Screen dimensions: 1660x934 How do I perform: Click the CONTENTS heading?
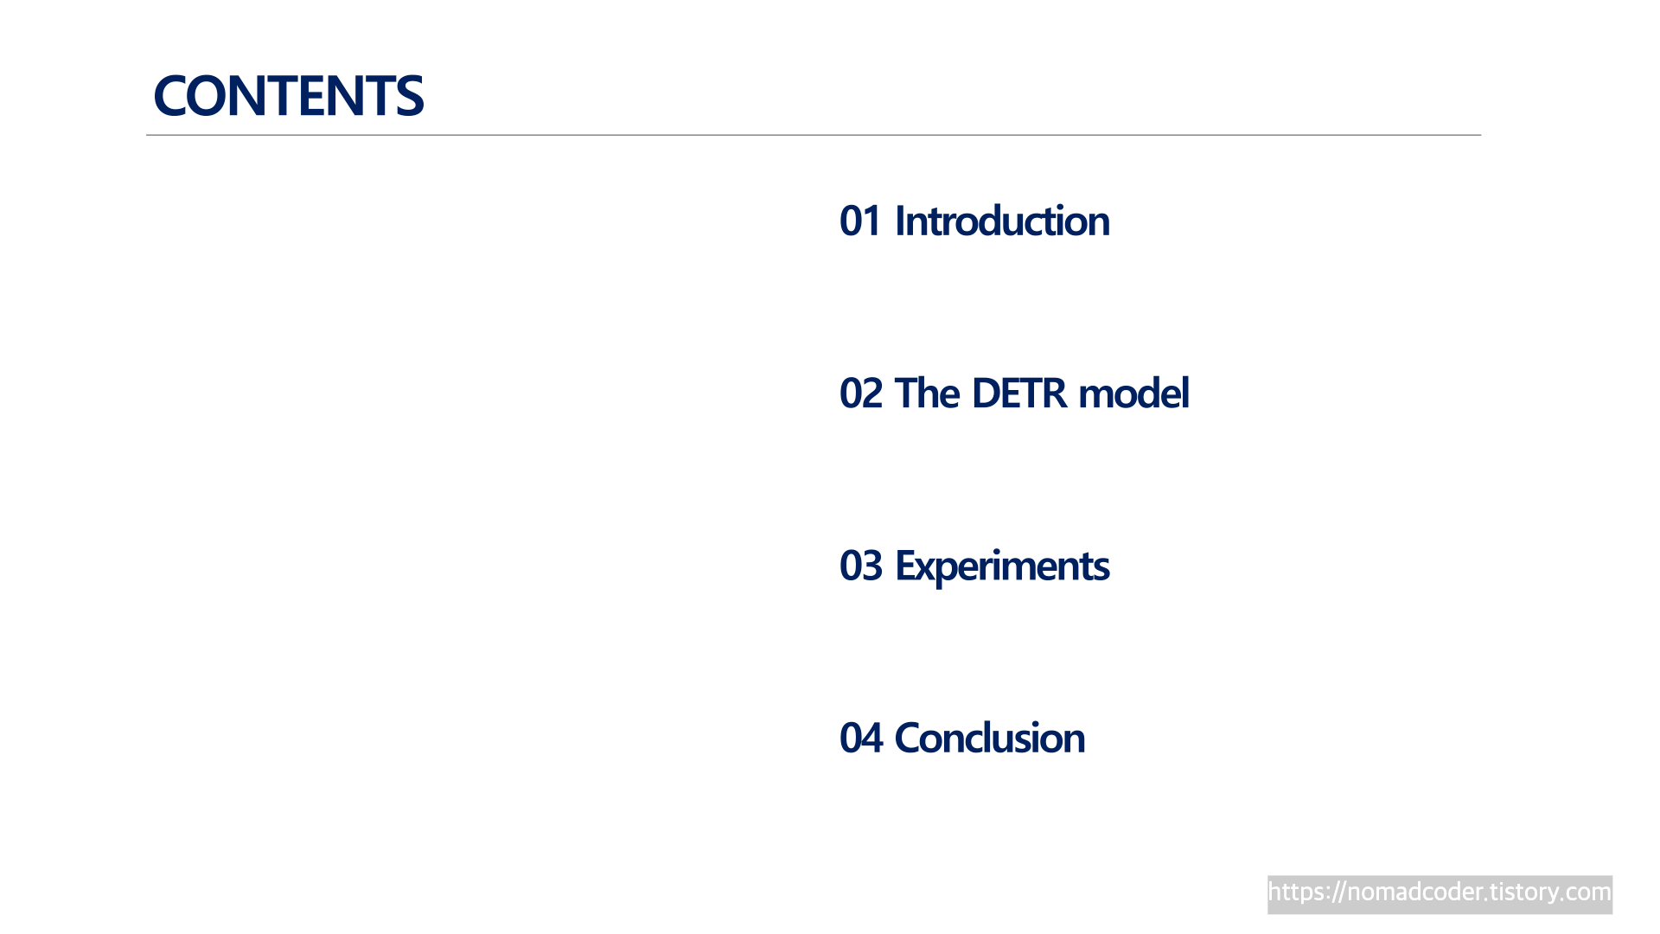[288, 95]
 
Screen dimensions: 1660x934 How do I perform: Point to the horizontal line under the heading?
[814, 135]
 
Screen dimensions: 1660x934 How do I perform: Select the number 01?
[860, 221]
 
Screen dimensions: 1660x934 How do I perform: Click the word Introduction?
[1002, 221]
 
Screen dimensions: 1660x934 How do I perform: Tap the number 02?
[861, 393]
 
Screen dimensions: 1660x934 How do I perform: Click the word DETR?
[1019, 393]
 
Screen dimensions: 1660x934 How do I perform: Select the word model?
[1134, 393]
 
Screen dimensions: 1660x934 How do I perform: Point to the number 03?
[861, 566]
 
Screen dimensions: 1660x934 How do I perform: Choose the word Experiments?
[1002, 567]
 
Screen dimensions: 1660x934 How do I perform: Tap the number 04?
[861, 738]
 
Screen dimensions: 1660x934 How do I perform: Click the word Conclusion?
[989, 738]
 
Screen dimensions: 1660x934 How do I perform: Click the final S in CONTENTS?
[409, 95]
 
